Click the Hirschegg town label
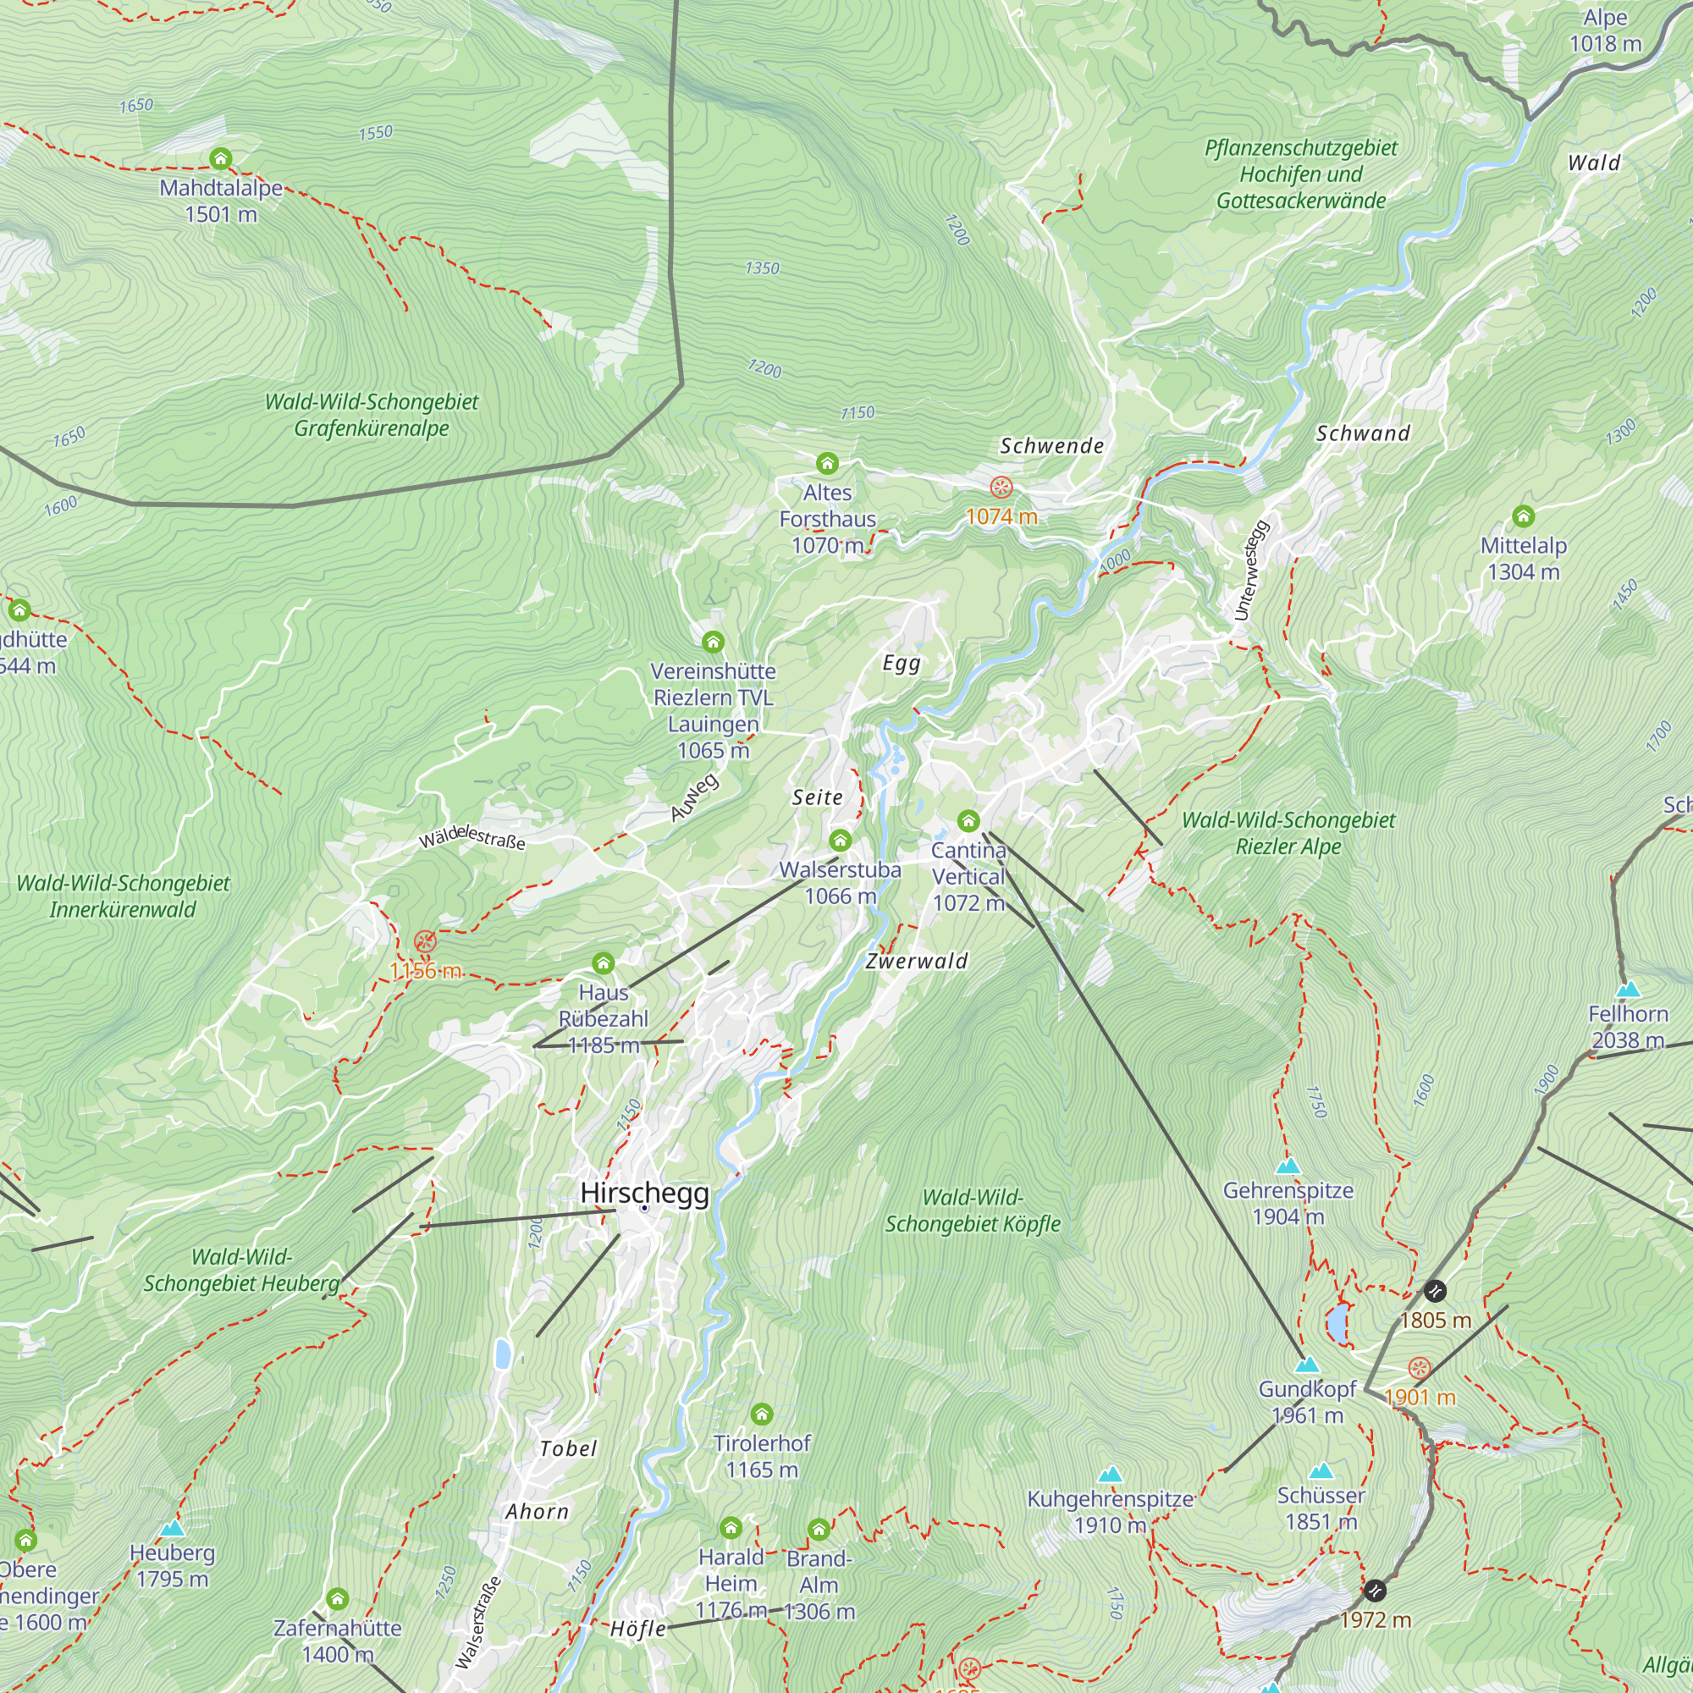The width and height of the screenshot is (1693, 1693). coord(644,1193)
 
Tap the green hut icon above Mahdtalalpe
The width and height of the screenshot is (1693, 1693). coord(220,158)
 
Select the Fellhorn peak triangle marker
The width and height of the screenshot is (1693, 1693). coord(1628,990)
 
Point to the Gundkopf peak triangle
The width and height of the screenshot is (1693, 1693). coord(1306,1365)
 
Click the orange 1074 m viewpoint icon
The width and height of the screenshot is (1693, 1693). coord(1001,488)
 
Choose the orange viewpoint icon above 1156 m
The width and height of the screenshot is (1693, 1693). coord(425,942)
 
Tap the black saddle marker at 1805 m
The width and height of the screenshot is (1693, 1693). coord(1435,1291)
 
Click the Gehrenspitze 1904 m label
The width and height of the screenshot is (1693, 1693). coord(1288,1203)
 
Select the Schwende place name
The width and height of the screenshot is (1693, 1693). coord(1051,446)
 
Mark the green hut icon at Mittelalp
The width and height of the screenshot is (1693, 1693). coord(1523,516)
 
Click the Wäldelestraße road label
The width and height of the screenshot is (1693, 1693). coord(472,837)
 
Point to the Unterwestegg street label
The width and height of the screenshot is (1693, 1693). coord(1250,571)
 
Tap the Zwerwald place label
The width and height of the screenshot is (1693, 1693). coord(917,962)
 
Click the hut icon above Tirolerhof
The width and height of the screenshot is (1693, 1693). coord(762,1414)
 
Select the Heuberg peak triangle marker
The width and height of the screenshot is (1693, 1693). coord(173,1529)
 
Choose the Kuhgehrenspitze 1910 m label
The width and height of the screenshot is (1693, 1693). coord(1110,1512)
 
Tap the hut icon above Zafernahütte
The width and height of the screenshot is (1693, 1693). coord(338,1598)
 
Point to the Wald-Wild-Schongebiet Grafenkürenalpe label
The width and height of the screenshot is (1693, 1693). coord(372,415)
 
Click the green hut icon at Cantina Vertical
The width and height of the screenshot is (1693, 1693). coord(968,821)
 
